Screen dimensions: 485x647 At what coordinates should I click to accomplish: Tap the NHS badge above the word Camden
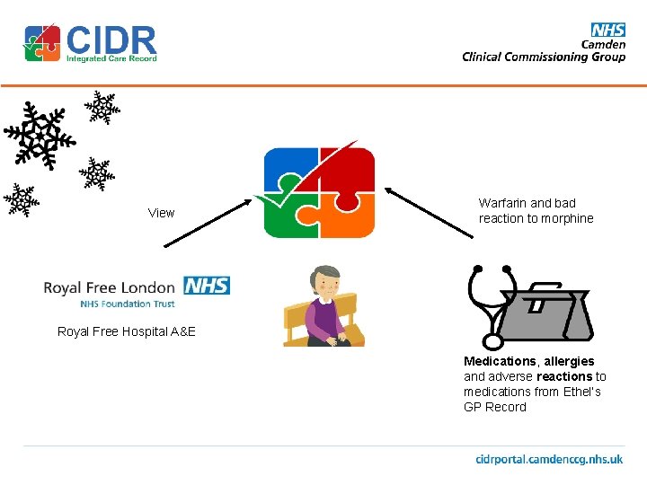(x=607, y=31)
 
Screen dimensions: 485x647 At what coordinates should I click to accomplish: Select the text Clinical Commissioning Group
(x=544, y=57)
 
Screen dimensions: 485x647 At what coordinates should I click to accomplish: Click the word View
(x=161, y=213)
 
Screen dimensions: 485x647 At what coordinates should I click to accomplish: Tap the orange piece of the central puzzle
(x=347, y=216)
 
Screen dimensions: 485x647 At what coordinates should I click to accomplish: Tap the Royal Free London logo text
(x=109, y=287)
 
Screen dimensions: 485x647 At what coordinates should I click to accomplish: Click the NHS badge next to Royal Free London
(x=207, y=286)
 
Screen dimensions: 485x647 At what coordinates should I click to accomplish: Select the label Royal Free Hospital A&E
(x=126, y=331)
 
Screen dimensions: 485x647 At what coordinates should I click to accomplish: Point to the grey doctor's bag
(x=545, y=314)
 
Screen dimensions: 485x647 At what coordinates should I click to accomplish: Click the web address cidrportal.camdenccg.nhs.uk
(x=549, y=459)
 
